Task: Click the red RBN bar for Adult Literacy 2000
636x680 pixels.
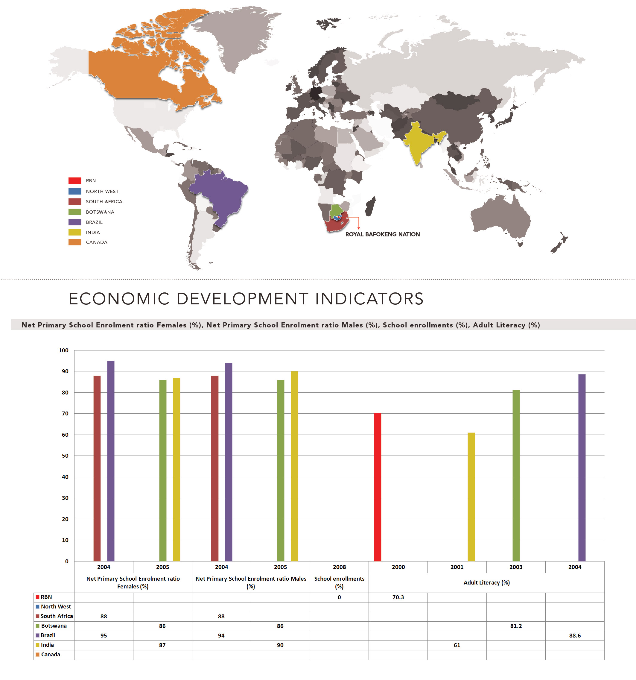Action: point(378,488)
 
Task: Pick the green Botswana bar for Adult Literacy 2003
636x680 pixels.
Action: point(516,476)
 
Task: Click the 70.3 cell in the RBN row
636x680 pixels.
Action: point(398,597)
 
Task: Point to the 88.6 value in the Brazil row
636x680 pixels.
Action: point(575,635)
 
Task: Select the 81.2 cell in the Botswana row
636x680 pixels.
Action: point(516,626)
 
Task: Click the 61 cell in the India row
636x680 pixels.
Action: point(457,645)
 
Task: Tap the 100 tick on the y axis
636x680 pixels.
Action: point(64,350)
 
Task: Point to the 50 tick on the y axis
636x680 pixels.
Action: point(65,456)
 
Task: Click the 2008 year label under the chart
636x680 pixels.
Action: point(339,567)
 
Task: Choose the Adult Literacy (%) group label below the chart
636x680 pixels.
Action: point(487,582)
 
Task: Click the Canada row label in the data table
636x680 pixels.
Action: point(51,654)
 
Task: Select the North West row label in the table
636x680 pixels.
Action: point(56,606)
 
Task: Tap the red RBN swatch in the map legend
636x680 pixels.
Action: point(74,180)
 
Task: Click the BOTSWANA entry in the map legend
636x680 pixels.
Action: point(100,212)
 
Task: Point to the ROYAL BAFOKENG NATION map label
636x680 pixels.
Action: point(382,234)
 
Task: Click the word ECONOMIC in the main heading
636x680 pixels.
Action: point(119,299)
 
